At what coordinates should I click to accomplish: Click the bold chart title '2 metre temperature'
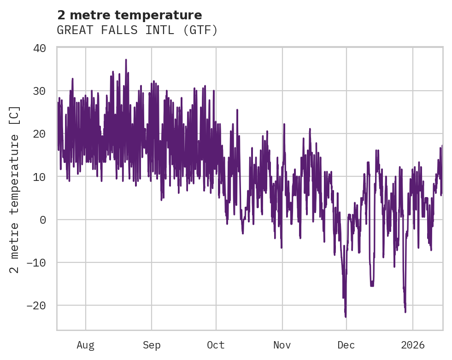(129, 15)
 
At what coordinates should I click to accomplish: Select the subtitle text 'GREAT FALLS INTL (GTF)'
(137, 30)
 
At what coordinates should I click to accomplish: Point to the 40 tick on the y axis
(40, 48)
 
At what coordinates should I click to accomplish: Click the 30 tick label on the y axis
(40, 91)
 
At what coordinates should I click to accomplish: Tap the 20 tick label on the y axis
(40, 134)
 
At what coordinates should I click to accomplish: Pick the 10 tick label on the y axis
(40, 177)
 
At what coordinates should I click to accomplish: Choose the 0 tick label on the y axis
(43, 220)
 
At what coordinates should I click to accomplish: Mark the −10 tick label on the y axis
(36, 263)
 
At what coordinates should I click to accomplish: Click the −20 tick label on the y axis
(36, 306)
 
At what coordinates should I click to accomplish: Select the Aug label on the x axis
(85, 345)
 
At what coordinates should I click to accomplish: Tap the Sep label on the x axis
(151, 345)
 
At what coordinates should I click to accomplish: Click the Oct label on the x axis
(216, 345)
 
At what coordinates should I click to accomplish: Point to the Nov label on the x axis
(282, 345)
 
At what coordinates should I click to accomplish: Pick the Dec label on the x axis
(346, 345)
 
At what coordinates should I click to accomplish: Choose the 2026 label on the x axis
(413, 345)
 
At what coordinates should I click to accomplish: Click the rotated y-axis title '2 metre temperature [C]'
(15, 189)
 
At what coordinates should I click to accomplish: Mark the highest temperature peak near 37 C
(126, 60)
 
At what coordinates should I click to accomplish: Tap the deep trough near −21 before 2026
(405, 312)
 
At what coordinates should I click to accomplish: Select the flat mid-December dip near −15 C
(372, 285)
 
